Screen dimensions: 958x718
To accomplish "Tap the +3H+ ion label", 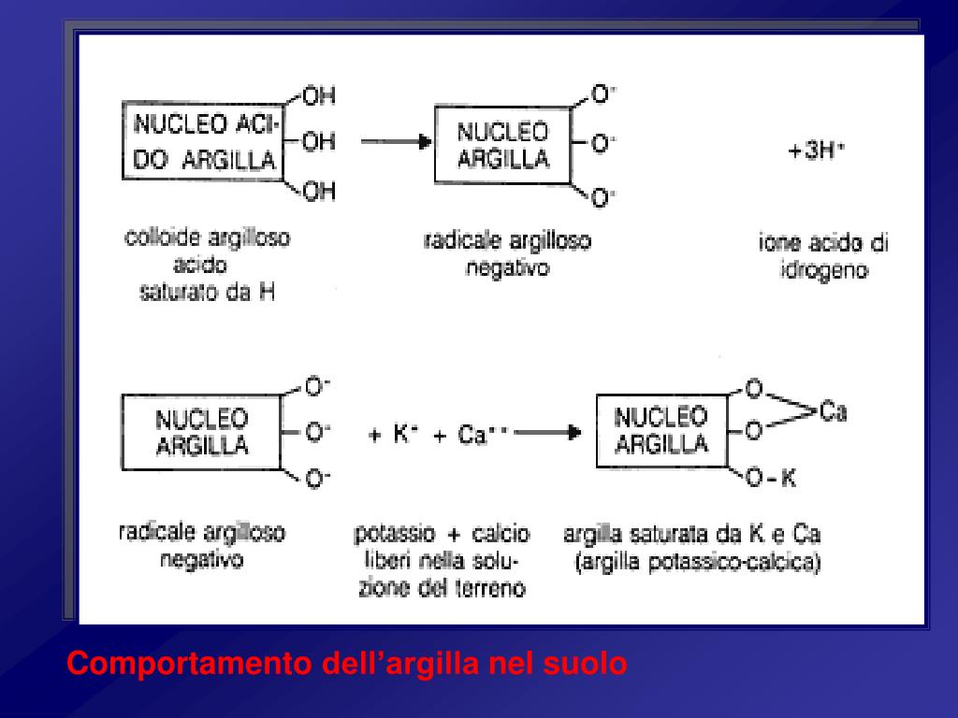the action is (x=816, y=151).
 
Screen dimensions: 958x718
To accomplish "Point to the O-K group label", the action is (x=771, y=479).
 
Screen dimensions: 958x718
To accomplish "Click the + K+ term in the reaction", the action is (x=392, y=435).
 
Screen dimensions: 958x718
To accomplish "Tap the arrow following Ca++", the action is (x=548, y=434).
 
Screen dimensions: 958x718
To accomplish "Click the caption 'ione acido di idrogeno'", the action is (x=823, y=257).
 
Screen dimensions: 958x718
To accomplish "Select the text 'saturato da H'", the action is (x=207, y=292).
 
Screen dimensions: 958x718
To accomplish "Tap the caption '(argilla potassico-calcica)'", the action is (x=699, y=564).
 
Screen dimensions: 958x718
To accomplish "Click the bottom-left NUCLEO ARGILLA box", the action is (x=202, y=431).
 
